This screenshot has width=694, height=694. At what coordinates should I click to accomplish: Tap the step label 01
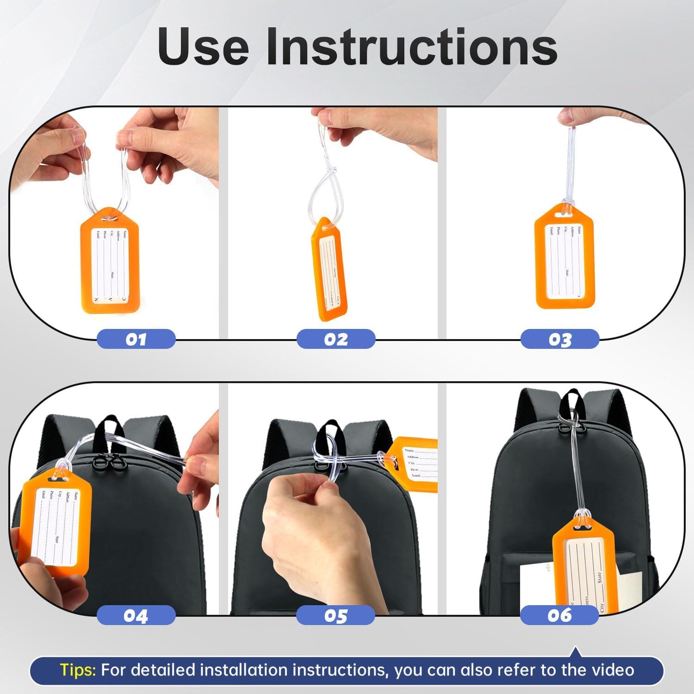click(x=136, y=339)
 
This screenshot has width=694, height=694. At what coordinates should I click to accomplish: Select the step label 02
click(x=336, y=339)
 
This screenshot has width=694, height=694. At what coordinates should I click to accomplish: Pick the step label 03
click(x=560, y=339)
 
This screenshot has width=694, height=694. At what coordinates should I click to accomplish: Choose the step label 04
click(x=136, y=615)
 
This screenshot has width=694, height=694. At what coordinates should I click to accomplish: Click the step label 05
click(x=335, y=615)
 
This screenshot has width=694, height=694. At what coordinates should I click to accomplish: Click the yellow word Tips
click(x=78, y=670)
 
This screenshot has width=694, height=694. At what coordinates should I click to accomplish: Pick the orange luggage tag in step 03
click(x=564, y=257)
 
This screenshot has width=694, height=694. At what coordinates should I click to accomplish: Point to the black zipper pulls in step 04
click(x=108, y=462)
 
